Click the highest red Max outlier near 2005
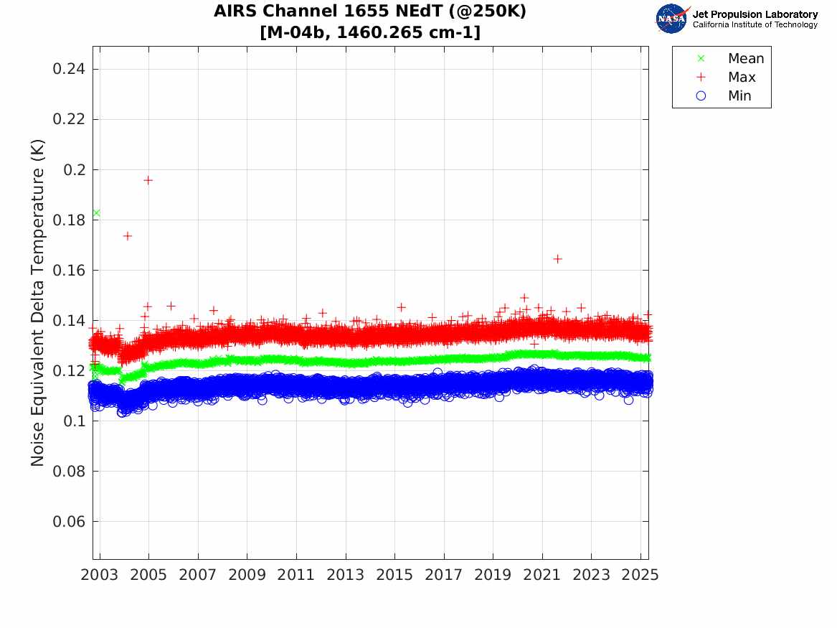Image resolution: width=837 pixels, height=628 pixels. [148, 180]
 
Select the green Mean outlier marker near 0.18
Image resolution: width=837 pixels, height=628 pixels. [96, 213]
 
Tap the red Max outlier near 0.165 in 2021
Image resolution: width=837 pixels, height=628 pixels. [557, 259]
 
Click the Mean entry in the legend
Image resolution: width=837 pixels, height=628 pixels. [745, 59]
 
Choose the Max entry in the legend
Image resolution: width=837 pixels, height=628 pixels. [741, 78]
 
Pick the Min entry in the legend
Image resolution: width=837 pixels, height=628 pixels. [739, 96]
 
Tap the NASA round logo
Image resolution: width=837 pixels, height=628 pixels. [672, 19]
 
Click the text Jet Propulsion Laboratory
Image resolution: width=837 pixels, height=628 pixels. [755, 14]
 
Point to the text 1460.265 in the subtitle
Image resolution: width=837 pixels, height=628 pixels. [376, 32]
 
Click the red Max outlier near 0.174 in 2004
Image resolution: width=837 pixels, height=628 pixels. [127, 235]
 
